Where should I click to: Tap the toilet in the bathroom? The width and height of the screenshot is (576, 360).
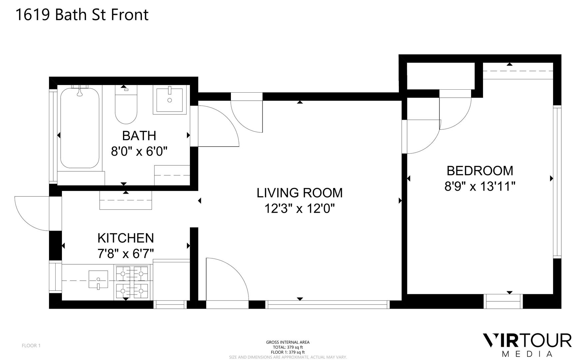pos(126,104)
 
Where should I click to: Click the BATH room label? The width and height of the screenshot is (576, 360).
pos(139,136)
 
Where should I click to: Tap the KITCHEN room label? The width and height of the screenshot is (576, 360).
pos(126,238)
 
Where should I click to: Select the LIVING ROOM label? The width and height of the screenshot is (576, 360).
pos(299,193)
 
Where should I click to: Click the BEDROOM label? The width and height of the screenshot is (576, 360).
pos(480,171)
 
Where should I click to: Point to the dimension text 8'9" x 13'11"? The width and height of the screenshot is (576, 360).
pos(480,186)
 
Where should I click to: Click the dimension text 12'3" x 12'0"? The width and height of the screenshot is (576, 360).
pos(299,209)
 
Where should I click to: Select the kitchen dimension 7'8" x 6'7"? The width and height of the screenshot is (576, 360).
pos(126,254)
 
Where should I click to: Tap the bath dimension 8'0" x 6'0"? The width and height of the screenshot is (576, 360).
pos(139,152)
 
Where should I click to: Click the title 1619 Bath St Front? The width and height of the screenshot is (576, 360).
pos(82,15)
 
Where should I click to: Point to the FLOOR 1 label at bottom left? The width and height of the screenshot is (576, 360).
pos(31,346)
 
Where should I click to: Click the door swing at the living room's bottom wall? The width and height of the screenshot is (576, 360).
pos(227,279)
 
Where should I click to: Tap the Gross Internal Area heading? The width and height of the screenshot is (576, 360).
pos(288,342)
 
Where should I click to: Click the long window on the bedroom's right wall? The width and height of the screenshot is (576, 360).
pos(557,182)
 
